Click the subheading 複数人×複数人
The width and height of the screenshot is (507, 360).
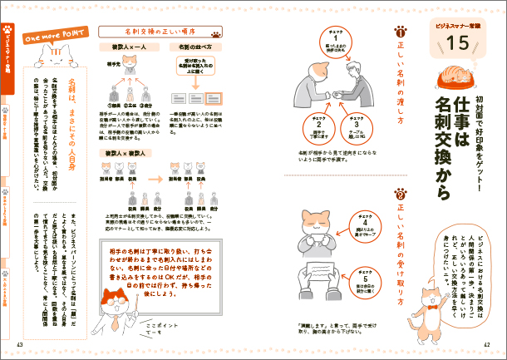tap(121, 155)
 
